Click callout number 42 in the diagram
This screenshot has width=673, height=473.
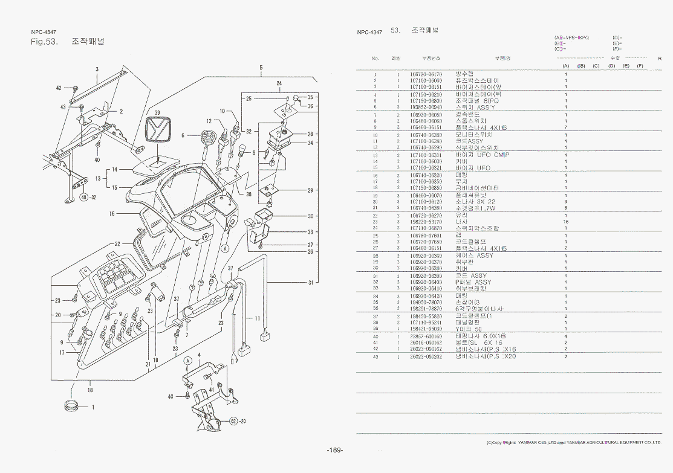[x=59, y=88]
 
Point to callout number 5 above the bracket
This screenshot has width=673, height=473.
[x=261, y=67]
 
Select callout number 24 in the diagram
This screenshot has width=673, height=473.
[x=279, y=83]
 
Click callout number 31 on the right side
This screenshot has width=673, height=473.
[x=311, y=282]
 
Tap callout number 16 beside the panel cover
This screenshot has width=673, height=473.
[x=112, y=213]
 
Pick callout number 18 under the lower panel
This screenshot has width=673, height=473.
[x=90, y=390]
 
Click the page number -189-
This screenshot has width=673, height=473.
[x=334, y=450]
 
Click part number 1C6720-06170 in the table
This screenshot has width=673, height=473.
[x=426, y=74]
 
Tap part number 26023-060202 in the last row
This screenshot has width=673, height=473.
[x=426, y=356]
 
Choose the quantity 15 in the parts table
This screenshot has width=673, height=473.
[x=565, y=222]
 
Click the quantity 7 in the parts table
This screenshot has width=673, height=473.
[x=565, y=127]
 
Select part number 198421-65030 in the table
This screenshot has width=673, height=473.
[x=426, y=329]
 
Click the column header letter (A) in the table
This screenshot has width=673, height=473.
[x=565, y=65]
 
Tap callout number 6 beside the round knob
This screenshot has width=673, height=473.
[x=183, y=135]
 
